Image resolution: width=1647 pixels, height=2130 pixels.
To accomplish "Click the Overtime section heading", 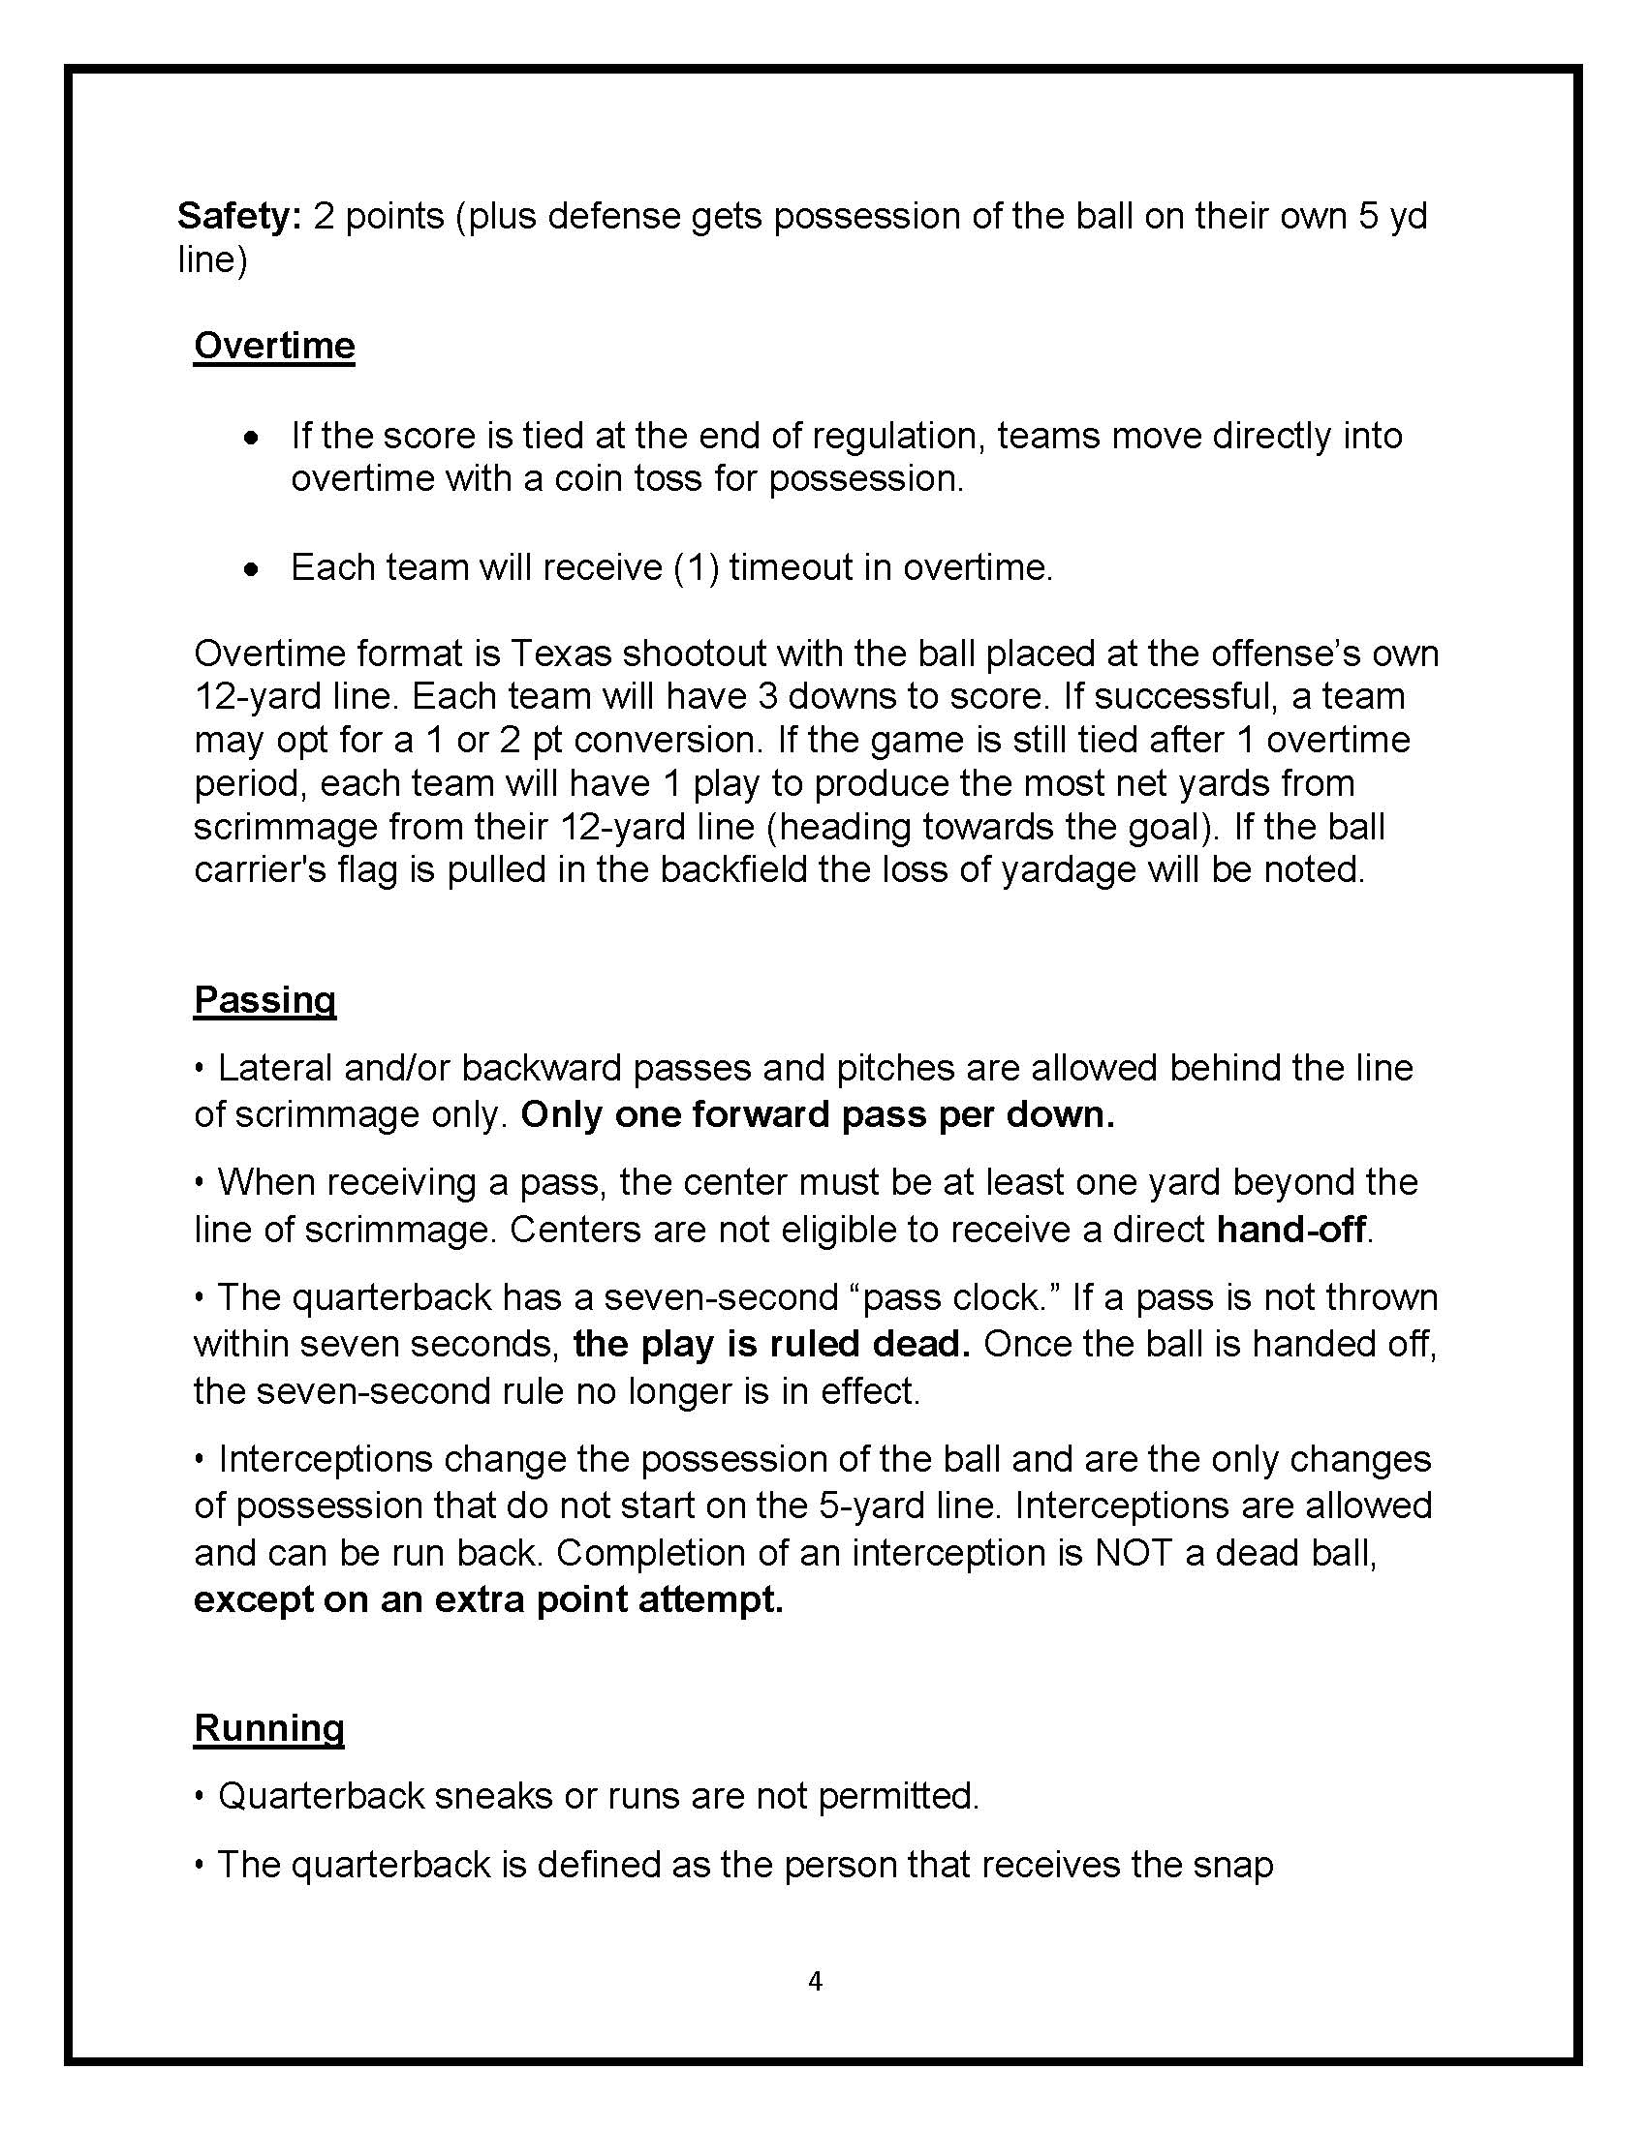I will [274, 346].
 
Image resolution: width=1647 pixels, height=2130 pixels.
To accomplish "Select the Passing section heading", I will [264, 1000].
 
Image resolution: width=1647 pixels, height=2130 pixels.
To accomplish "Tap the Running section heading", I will [268, 1727].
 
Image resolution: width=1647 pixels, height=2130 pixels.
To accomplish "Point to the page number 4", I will [816, 1981].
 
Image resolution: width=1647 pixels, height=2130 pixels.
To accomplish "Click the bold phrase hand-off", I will [1290, 1230].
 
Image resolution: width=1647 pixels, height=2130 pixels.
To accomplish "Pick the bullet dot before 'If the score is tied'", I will [252, 438].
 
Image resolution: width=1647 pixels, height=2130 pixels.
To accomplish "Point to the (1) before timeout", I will [697, 567].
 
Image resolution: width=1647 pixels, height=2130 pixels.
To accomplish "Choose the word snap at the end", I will [1231, 1865].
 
